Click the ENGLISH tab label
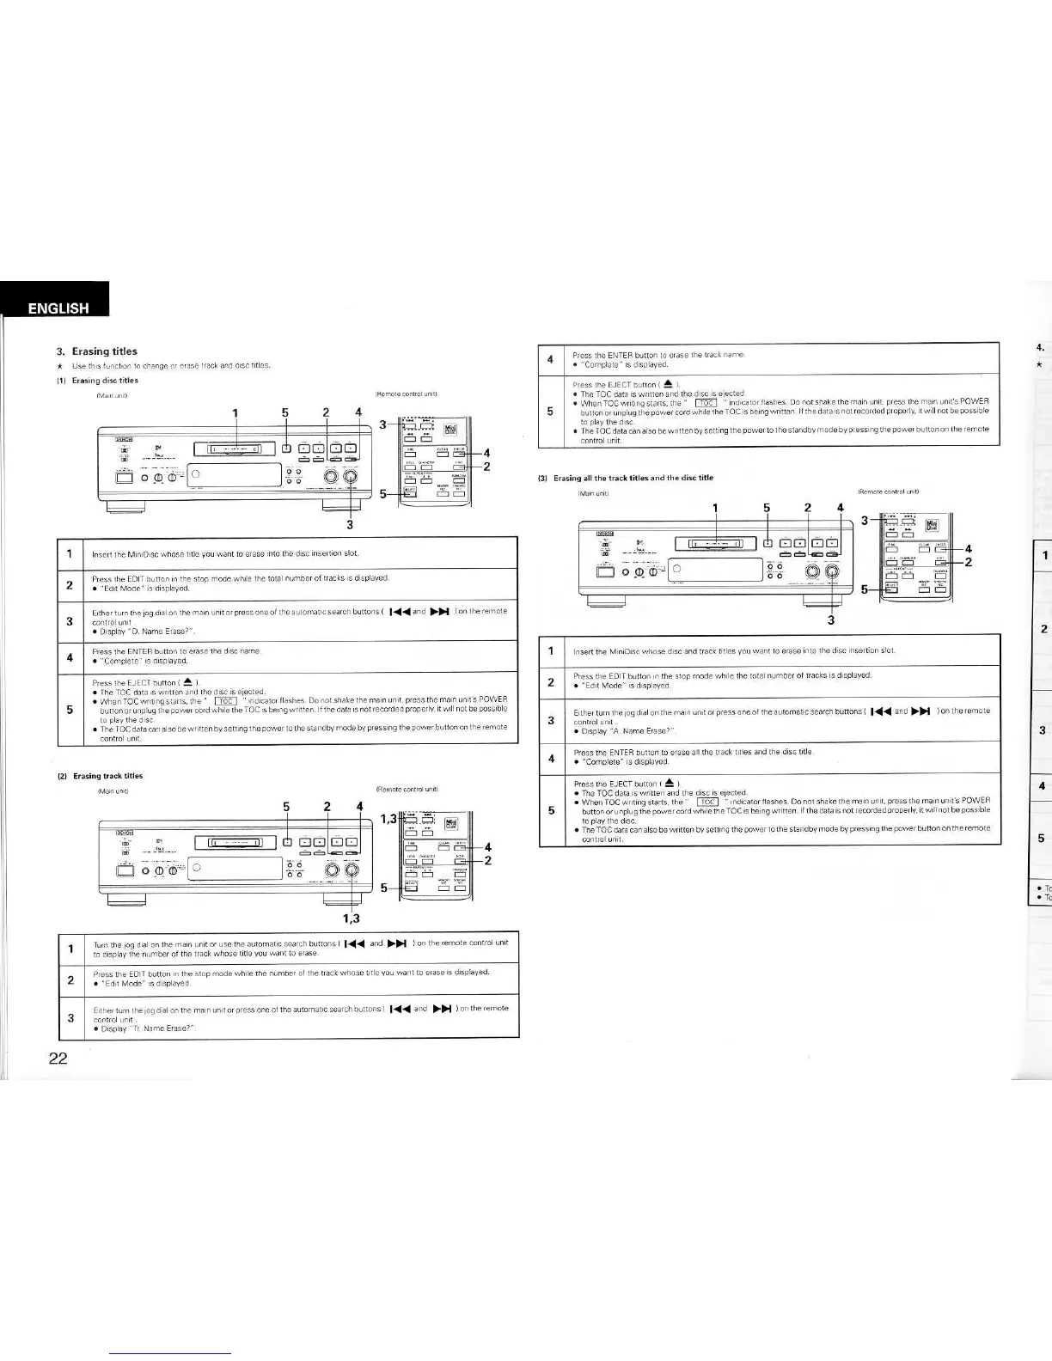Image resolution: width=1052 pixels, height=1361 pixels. coord(58,308)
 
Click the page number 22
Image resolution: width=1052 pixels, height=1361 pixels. coord(58,1058)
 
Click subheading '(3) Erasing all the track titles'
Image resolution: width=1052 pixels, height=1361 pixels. coord(633,478)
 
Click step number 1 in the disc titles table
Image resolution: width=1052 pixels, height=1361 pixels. coord(69,552)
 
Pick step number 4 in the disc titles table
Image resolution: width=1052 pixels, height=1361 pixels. coord(69,657)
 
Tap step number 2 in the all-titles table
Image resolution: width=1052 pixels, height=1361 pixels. coord(551,681)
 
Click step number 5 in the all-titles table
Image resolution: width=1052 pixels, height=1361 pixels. coord(551,810)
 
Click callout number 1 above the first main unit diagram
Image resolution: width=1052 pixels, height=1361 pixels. coord(235,412)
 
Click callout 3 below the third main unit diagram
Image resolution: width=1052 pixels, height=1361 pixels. coord(831,620)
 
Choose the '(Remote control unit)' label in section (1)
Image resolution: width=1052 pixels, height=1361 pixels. coord(408,395)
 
